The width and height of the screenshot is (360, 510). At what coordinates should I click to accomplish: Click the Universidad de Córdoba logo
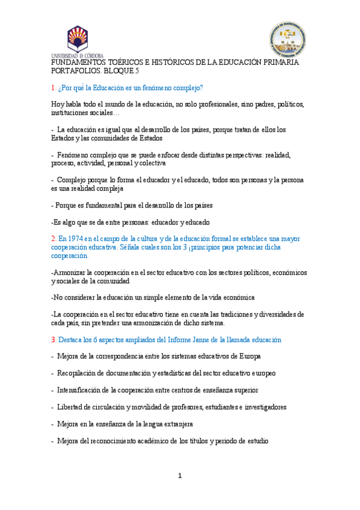pyautogui.click(x=77, y=41)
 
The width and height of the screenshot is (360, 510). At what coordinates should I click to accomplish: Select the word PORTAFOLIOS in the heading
pyautogui.click(x=75, y=70)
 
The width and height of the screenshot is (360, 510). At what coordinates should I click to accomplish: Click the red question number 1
pyautogui.click(x=53, y=88)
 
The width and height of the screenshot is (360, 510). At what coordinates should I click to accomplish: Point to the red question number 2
pyautogui.click(x=53, y=239)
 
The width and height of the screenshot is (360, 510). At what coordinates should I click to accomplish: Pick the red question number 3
pyautogui.click(x=53, y=340)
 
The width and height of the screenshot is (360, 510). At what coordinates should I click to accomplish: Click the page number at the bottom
pyautogui.click(x=180, y=476)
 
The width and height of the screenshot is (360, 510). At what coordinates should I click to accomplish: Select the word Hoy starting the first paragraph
pyautogui.click(x=58, y=104)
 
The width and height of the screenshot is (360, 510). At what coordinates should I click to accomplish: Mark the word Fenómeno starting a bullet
pyautogui.click(x=75, y=155)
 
